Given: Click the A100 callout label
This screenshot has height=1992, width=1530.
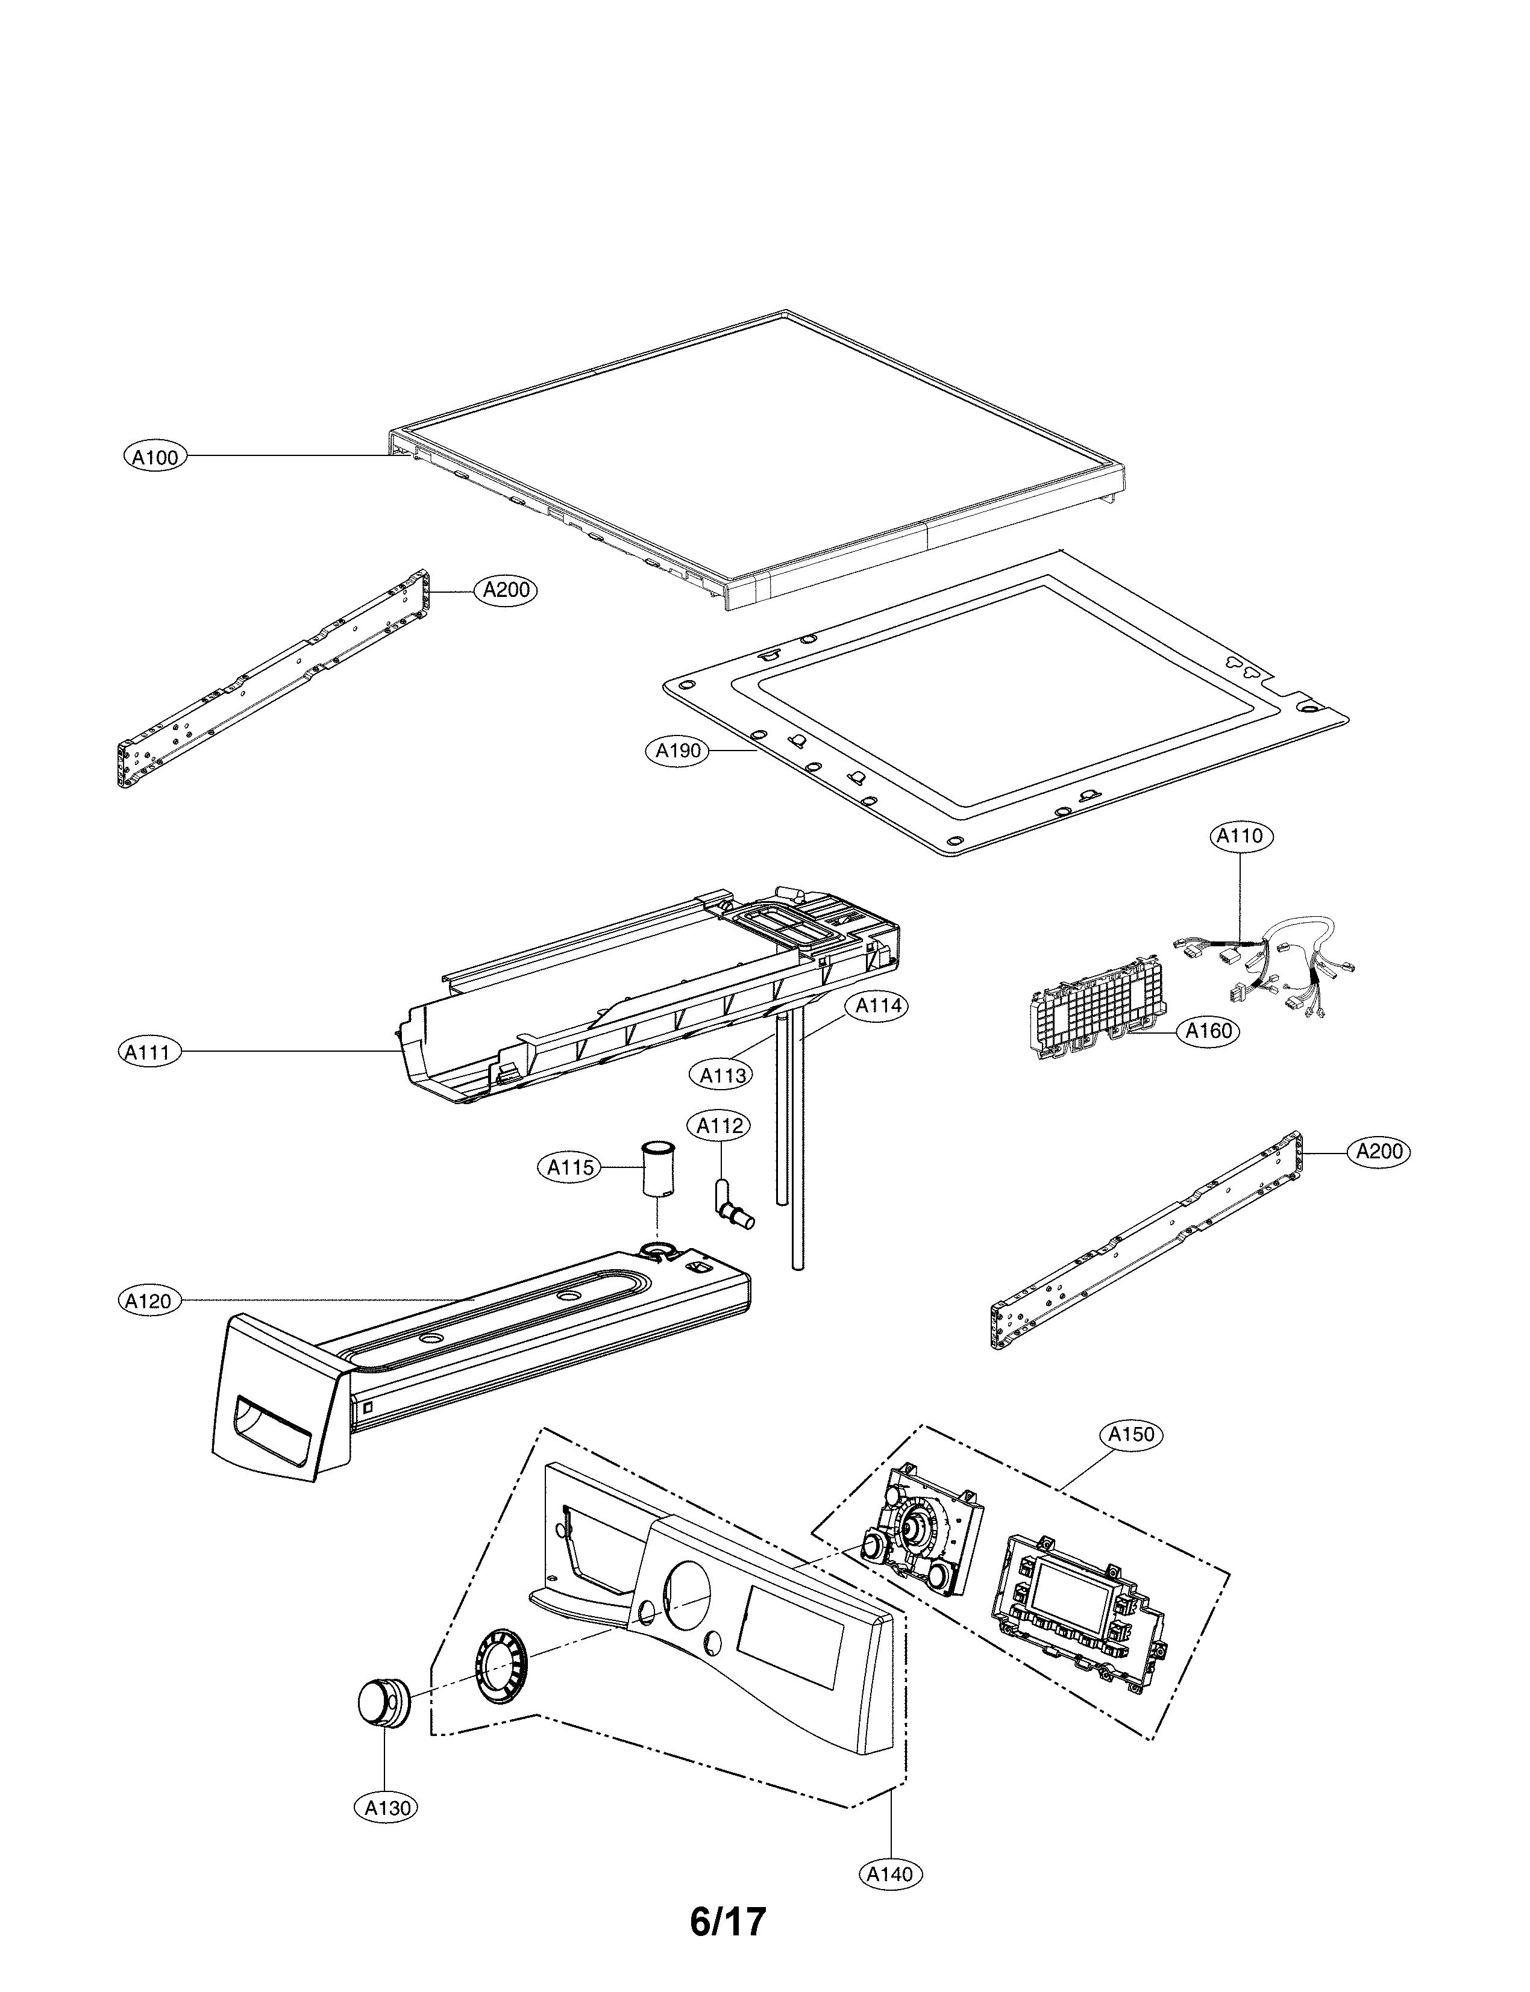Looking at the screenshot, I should [x=155, y=457].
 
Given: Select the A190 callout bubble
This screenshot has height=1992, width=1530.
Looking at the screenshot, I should [x=679, y=751].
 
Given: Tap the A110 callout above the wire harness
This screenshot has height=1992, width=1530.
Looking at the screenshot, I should [x=1241, y=835].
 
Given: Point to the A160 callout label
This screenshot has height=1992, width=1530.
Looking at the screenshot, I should [x=1209, y=1031].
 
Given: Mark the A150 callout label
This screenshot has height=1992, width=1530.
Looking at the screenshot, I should [x=1132, y=1435].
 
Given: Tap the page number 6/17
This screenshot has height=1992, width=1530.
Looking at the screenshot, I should [x=728, y=1940].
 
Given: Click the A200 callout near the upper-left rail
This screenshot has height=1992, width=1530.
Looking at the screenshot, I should [x=506, y=590].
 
